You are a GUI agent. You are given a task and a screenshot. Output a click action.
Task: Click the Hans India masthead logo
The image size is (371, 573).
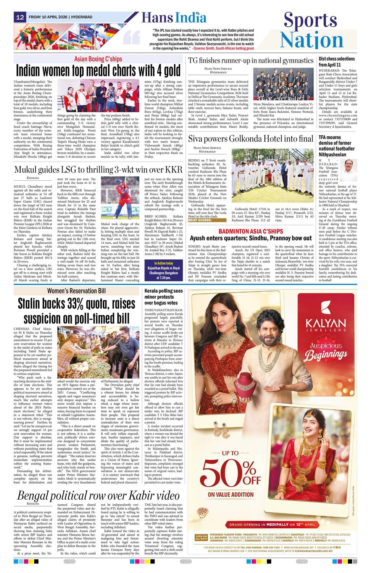174,18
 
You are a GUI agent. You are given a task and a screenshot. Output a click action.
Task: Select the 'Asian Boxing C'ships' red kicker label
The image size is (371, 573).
98,59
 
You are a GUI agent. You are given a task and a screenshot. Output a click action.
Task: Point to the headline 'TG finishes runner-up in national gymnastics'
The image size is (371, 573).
251,60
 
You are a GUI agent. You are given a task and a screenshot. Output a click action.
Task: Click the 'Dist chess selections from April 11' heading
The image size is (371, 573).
337,62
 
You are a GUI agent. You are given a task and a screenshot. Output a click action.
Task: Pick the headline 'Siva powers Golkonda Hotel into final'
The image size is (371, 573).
251,139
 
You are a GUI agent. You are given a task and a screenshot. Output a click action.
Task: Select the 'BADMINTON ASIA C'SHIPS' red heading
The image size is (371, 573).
256,231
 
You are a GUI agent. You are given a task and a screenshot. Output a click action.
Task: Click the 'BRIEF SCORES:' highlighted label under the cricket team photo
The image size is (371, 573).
200,220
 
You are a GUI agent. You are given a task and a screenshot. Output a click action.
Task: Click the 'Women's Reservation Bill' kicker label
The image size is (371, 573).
76,291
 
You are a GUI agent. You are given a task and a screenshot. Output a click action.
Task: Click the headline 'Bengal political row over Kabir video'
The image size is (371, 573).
98,495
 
